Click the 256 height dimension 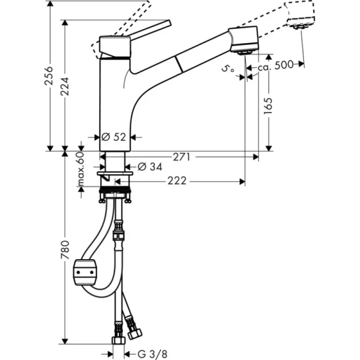point(49,77)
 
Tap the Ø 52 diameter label point(114,137)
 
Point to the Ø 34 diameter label point(149,167)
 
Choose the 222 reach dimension point(176,181)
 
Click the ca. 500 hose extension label point(276,64)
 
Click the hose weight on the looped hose point(85,271)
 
